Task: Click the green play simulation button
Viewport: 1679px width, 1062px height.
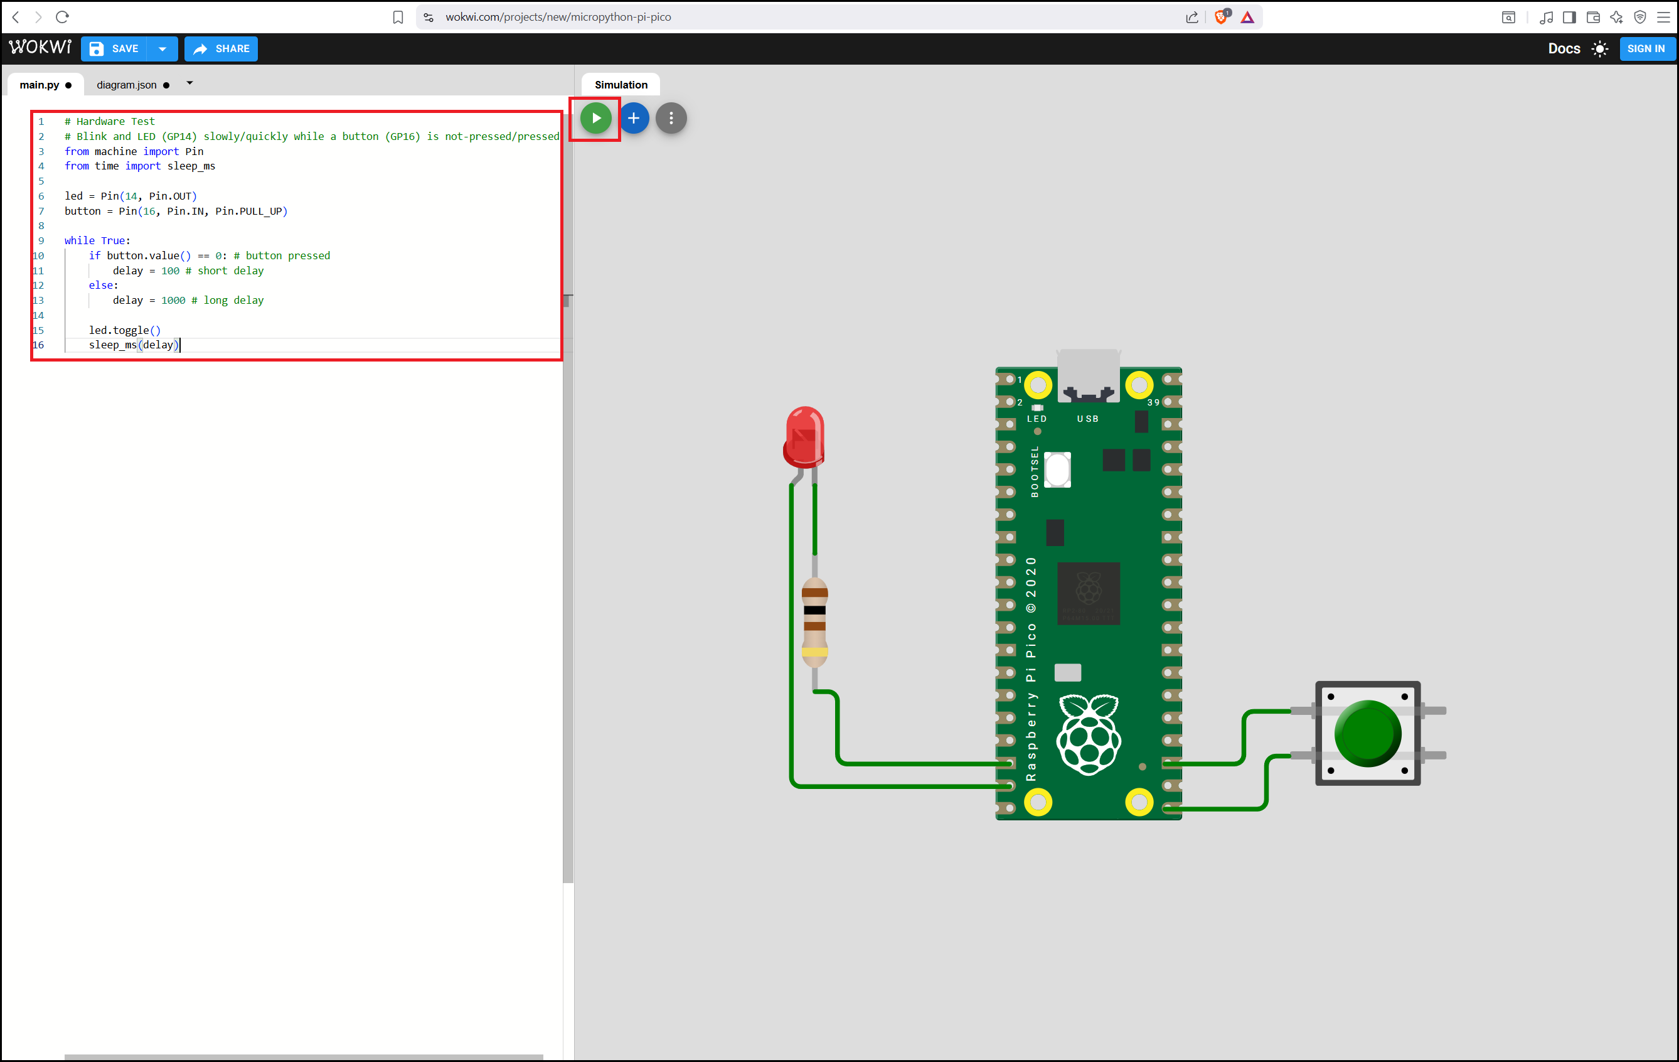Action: (595, 118)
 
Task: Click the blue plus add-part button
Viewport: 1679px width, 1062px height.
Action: (633, 118)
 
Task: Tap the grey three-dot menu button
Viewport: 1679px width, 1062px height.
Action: (671, 118)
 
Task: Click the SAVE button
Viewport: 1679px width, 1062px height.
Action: (115, 49)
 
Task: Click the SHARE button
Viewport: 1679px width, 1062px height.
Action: (221, 49)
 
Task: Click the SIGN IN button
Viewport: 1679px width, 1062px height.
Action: (1646, 49)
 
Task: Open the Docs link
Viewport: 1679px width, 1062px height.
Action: (1564, 49)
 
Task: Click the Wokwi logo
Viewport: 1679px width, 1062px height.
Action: (40, 46)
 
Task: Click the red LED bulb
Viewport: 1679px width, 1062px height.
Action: (804, 437)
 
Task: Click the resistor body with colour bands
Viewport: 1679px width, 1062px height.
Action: (814, 622)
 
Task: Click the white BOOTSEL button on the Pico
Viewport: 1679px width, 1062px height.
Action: (1057, 469)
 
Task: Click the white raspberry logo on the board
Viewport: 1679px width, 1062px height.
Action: (1089, 734)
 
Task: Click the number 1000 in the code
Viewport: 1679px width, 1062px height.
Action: (173, 301)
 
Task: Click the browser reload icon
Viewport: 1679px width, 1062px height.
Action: (62, 17)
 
